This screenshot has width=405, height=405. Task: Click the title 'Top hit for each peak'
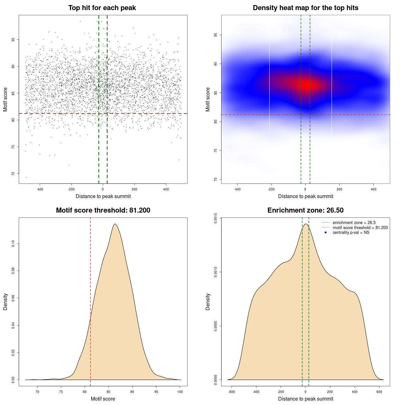click(x=102, y=8)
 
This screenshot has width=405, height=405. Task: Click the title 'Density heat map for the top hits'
click(x=305, y=8)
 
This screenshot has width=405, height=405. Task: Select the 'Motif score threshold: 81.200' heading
click(x=103, y=210)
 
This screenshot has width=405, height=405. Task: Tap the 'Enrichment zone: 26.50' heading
click(x=305, y=210)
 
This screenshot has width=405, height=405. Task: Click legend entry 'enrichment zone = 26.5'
click(x=354, y=223)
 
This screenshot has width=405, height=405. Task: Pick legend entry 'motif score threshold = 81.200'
click(x=360, y=228)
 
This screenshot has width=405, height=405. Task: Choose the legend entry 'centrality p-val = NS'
click(x=351, y=233)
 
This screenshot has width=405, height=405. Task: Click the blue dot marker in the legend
click(x=326, y=233)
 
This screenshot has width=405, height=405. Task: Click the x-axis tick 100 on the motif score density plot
click(x=180, y=392)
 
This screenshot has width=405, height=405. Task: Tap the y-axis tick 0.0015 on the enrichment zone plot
click(x=215, y=218)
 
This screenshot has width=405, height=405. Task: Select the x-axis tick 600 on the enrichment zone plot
click(x=379, y=392)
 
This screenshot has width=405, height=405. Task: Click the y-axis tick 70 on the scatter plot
click(x=13, y=174)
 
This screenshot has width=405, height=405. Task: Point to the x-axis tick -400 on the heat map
click(x=237, y=189)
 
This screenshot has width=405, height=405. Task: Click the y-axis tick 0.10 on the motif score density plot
click(x=13, y=244)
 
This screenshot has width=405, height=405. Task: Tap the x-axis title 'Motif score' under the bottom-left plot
click(x=103, y=399)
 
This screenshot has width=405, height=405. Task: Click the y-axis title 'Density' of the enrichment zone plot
click(x=208, y=302)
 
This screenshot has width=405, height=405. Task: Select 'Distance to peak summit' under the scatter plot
click(x=103, y=196)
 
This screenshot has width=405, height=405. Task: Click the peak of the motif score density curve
click(x=115, y=224)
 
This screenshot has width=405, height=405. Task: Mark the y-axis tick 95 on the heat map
click(x=215, y=35)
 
